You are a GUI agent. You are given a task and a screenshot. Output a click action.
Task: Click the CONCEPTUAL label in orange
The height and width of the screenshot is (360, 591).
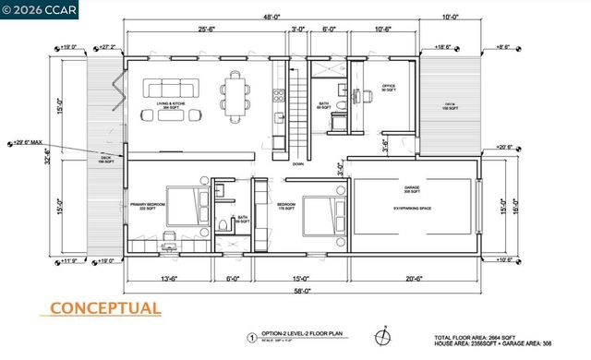(x=104, y=308)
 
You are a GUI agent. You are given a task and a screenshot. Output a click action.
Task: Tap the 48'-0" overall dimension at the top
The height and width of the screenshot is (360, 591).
(x=271, y=18)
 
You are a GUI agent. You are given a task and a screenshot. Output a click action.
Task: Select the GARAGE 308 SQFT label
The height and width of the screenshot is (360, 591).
(x=411, y=191)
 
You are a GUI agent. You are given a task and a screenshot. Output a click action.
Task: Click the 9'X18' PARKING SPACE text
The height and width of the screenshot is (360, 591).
(x=413, y=209)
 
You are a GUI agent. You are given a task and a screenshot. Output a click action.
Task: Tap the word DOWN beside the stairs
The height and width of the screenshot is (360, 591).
(x=297, y=163)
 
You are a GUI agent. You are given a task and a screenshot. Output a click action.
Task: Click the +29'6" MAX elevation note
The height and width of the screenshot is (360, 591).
(x=29, y=142)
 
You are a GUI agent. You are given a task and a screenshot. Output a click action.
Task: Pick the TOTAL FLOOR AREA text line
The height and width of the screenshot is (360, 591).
(x=498, y=337)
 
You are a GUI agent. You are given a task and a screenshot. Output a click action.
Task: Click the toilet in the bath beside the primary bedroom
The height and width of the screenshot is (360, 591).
(x=227, y=224)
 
